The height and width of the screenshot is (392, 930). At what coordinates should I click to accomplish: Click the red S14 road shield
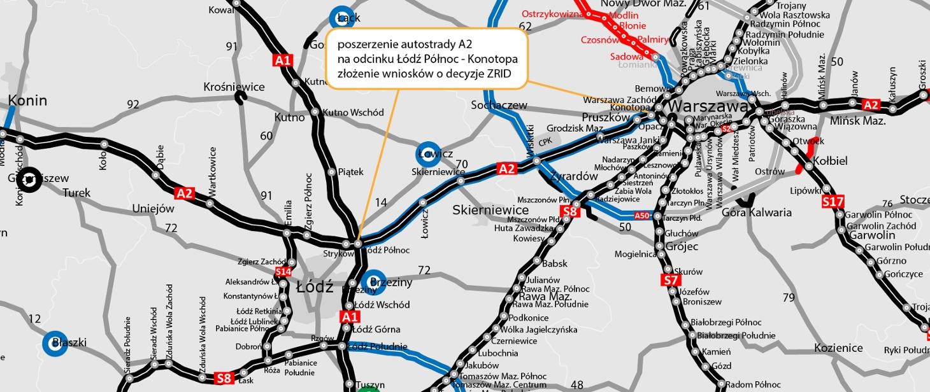283,272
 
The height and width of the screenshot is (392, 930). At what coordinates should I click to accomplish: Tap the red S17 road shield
833,202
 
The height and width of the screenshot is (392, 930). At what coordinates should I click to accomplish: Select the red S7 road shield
671,281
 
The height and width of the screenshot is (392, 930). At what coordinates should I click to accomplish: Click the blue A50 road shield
641,216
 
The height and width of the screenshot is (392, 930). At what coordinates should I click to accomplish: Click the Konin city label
27,100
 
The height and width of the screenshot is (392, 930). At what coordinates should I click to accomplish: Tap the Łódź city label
315,287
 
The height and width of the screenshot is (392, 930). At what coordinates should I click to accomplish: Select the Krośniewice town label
234,87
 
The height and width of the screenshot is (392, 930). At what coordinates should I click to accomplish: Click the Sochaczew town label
499,104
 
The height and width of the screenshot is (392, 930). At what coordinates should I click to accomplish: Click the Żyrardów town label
573,176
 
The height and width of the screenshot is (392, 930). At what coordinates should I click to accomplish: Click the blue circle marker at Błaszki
55,343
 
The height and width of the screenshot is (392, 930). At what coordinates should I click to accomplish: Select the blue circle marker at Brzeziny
374,282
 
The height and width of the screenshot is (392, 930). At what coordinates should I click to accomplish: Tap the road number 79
789,297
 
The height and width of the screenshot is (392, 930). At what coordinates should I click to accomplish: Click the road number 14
381,202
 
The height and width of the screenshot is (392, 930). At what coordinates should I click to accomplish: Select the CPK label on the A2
545,142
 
